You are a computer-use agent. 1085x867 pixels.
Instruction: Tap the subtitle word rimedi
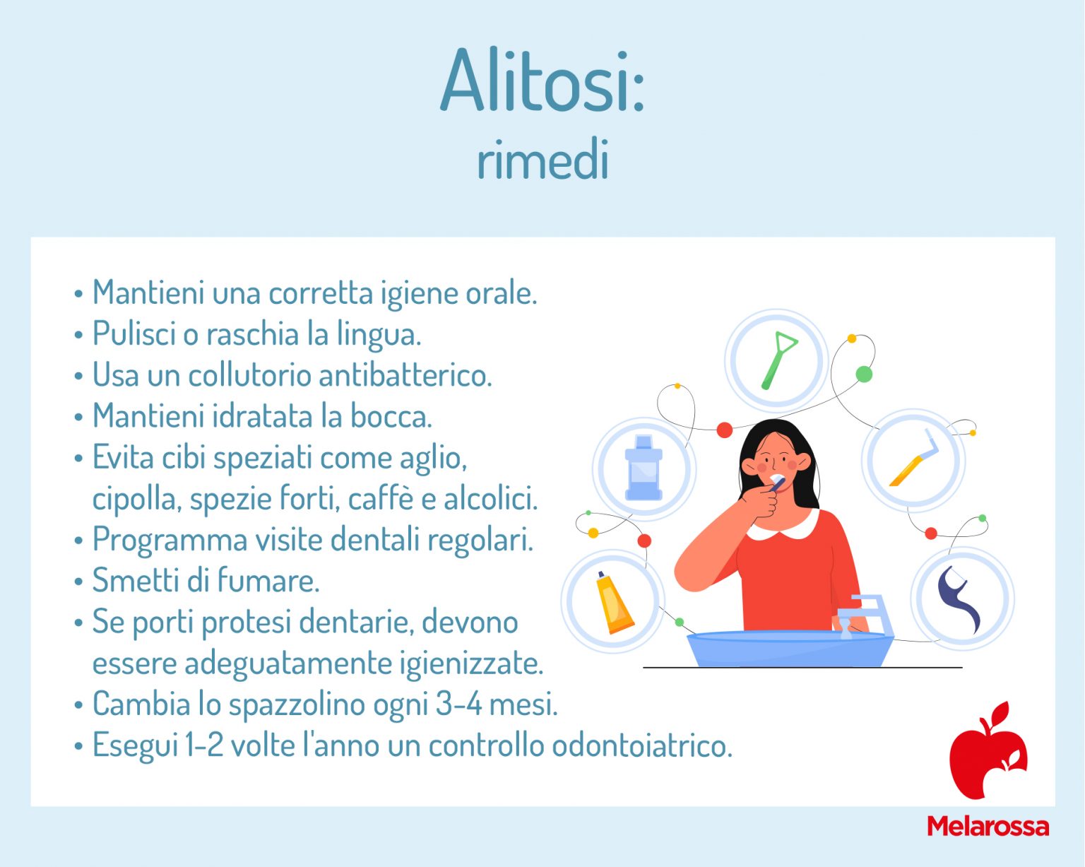[543, 159]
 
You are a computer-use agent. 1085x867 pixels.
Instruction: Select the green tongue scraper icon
[778, 360]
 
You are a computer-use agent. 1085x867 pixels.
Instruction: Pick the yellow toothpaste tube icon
[614, 603]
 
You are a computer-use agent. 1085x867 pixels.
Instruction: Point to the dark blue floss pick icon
[959, 599]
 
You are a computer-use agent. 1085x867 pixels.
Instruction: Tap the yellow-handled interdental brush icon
[913, 458]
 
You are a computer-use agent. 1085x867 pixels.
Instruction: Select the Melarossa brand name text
[988, 827]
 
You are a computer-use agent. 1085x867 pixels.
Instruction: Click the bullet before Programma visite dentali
[78, 541]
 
